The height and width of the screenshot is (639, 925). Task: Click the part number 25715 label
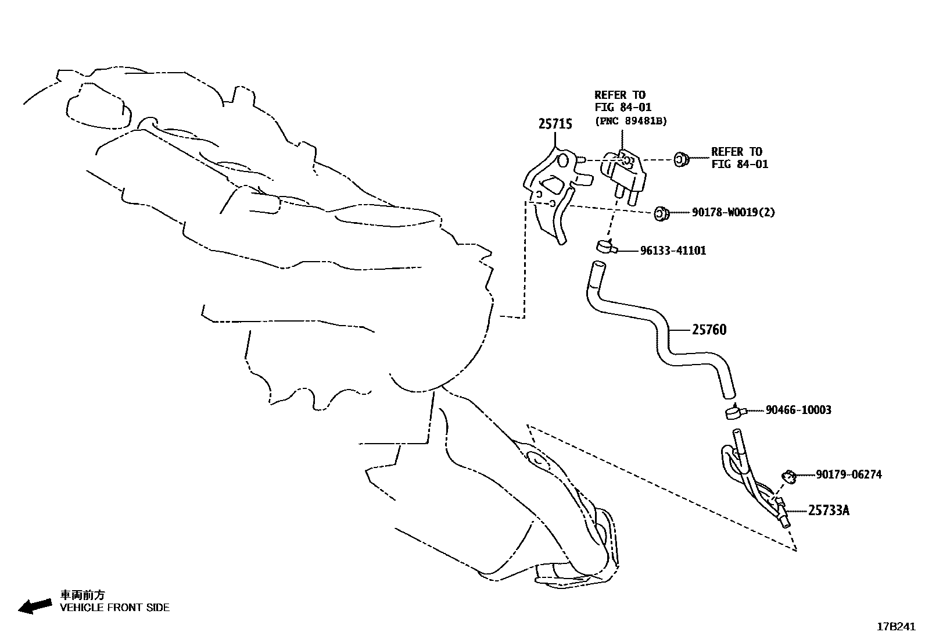click(x=555, y=124)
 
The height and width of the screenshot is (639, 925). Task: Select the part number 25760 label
click(x=709, y=330)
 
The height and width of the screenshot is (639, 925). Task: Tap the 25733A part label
click(x=829, y=511)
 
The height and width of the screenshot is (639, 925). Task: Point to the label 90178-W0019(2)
click(x=733, y=212)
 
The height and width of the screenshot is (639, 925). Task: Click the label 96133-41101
click(x=673, y=251)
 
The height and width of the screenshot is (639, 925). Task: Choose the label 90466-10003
click(x=799, y=410)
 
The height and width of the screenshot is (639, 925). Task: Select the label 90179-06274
click(x=849, y=474)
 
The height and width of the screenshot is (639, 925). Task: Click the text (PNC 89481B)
click(x=630, y=121)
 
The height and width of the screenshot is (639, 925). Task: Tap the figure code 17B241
click(x=896, y=627)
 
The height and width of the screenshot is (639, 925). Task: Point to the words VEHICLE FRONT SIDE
click(x=115, y=608)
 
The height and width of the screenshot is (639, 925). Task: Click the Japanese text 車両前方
click(x=83, y=595)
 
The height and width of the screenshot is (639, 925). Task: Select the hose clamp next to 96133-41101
click(x=607, y=247)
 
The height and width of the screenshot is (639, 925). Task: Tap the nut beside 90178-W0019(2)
click(x=662, y=213)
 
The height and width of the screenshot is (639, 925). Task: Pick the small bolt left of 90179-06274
click(x=789, y=476)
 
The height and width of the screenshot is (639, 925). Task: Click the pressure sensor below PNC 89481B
click(x=623, y=176)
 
